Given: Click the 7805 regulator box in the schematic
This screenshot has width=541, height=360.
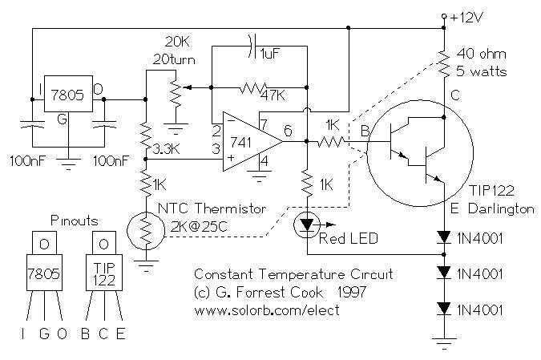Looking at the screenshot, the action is click(x=68, y=94).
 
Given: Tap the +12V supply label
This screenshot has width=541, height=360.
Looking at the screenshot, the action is click(x=466, y=18).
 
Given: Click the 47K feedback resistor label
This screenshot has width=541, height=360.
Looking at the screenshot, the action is click(x=273, y=95).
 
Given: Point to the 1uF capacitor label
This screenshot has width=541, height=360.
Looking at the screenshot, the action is click(x=271, y=54).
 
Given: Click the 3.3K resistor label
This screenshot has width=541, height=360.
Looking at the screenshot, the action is click(x=166, y=149).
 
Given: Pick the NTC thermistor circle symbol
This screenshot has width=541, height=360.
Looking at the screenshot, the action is click(x=147, y=230).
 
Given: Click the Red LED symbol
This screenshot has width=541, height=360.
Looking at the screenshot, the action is click(x=307, y=224).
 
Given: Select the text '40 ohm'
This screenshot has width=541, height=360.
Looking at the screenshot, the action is click(x=481, y=54).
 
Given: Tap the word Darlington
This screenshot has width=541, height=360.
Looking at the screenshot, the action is click(x=501, y=208).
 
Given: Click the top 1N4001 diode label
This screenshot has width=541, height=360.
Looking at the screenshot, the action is click(x=480, y=238).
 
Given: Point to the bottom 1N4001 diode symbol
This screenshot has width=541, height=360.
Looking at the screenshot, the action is click(x=444, y=309).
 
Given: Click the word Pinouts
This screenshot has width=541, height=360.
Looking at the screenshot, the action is click(x=75, y=220).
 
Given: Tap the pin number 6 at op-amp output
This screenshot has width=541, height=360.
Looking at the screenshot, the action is click(x=288, y=131).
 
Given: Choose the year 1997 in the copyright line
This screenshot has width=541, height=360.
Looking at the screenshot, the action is click(x=352, y=292).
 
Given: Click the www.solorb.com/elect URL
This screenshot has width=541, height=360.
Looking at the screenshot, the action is click(x=267, y=310).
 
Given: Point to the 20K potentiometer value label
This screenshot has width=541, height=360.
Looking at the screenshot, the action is click(x=177, y=42).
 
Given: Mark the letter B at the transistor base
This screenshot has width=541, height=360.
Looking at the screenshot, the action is click(x=365, y=131).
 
